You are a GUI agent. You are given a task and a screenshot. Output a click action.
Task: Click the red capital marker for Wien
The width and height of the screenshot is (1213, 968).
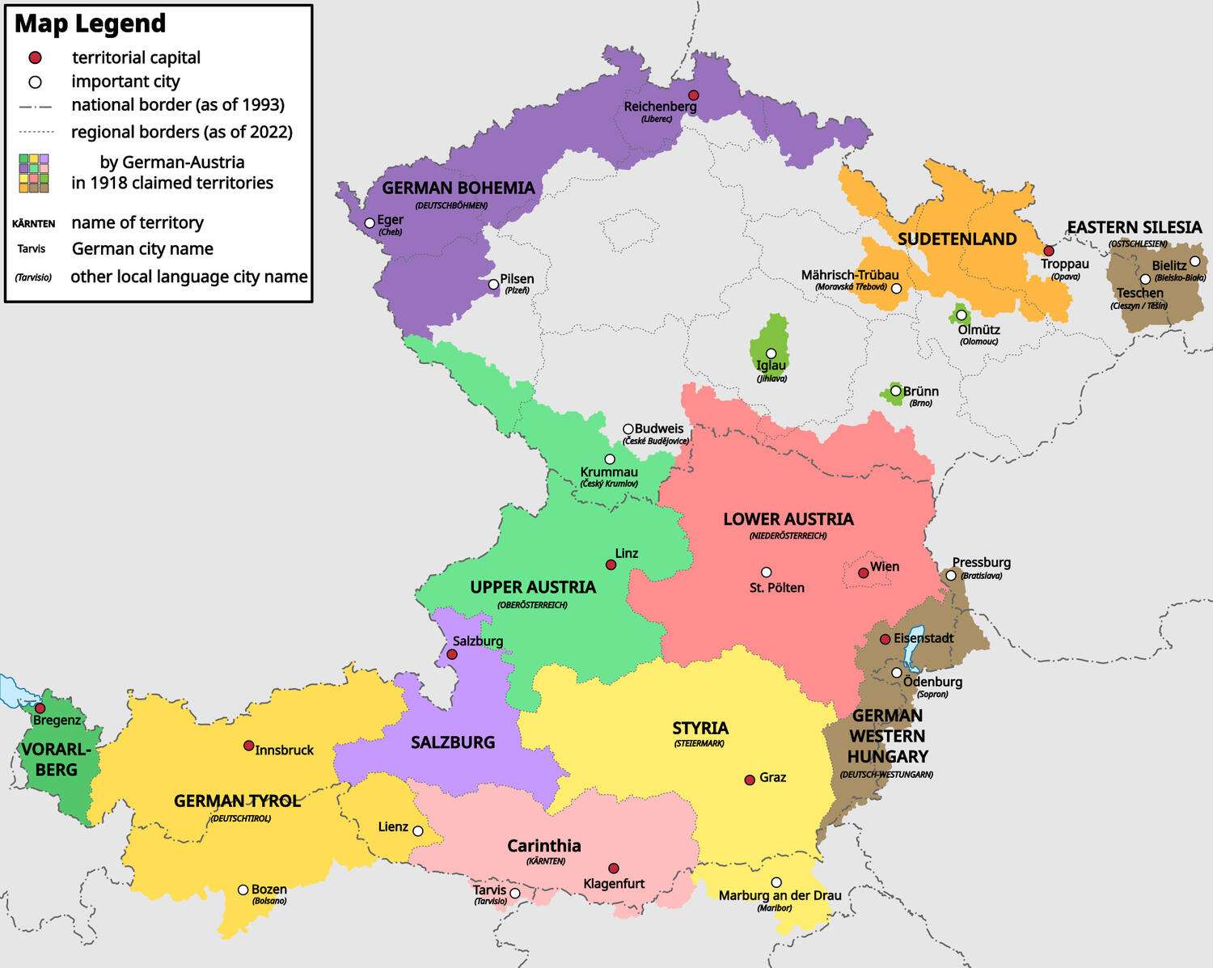864,573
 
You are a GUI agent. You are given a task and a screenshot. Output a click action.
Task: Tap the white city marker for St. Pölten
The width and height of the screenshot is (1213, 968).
767,573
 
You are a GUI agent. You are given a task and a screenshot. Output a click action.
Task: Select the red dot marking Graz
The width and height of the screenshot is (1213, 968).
750,780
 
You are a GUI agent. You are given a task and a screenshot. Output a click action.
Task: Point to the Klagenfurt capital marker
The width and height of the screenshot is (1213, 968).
614,868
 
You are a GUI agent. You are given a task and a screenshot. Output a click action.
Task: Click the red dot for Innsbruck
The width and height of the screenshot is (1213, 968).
249,746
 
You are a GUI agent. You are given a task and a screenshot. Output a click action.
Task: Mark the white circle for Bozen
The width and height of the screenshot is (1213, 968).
243,890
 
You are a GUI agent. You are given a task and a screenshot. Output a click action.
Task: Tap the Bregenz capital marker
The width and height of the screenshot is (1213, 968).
40,708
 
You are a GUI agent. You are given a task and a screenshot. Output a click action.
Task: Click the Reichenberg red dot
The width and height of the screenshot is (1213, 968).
693,95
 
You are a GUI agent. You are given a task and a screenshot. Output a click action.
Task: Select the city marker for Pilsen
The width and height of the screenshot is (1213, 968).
493,285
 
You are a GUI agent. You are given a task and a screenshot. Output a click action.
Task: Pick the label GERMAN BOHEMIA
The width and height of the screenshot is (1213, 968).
458,188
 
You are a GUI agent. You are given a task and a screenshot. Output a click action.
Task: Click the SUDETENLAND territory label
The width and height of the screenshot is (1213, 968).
957,239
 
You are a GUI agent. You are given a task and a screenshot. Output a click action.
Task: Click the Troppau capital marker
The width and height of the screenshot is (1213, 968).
1049,251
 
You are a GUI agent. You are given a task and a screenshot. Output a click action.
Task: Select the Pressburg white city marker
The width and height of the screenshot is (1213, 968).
951,576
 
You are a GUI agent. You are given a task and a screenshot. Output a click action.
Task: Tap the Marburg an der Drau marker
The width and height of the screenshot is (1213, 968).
776,882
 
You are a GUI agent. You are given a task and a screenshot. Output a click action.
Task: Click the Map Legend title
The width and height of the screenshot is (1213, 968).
90,23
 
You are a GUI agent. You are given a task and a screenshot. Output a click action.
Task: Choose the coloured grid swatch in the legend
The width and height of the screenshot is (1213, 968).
34,173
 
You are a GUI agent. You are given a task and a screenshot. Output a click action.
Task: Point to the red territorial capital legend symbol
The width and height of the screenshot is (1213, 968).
35,58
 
